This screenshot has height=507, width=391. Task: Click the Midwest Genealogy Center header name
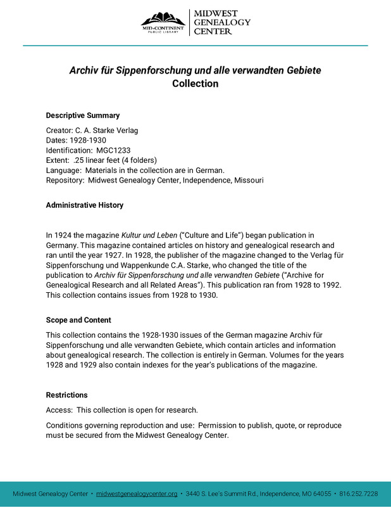coord(221,22)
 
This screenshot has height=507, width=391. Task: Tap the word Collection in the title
coord(195,84)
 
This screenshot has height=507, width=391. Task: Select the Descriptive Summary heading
coord(83,115)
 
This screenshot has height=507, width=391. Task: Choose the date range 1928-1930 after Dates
coord(88,140)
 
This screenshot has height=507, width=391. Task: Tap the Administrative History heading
coord(85,205)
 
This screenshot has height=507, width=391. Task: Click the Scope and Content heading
coord(78,320)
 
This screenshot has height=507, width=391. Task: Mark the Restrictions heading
coord(67,395)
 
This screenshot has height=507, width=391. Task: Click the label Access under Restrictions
coord(59,410)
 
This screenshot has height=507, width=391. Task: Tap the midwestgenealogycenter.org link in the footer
coord(137,494)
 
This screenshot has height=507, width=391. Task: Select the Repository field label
coord(65,180)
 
